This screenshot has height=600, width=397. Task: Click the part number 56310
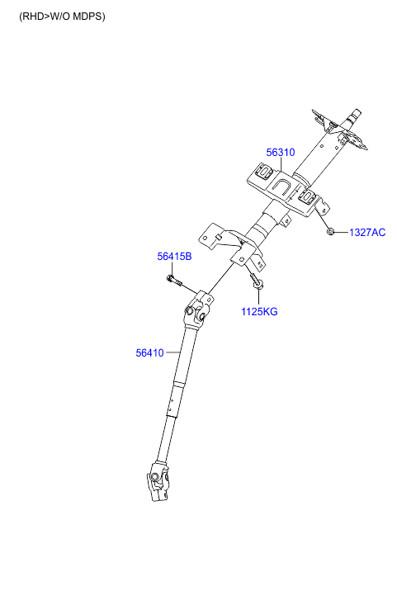click(281, 153)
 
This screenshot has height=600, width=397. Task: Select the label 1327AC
click(367, 232)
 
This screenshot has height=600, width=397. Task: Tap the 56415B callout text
click(174, 257)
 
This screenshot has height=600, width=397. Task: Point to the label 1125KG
click(259, 311)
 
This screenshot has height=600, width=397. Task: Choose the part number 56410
click(149, 352)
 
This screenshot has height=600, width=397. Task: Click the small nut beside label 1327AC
click(331, 232)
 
